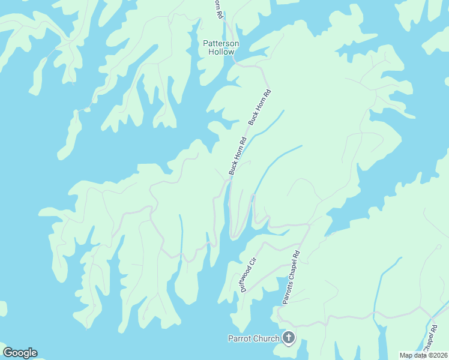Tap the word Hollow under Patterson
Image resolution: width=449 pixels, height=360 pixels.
click(x=221, y=52)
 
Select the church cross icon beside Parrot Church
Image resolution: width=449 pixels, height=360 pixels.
click(x=289, y=338)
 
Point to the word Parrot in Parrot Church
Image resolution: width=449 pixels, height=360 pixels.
click(x=240, y=338)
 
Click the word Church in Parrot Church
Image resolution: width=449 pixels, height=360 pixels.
click(x=267, y=338)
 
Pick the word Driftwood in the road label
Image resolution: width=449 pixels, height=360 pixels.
click(x=246, y=278)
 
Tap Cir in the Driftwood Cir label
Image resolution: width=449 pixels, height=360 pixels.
click(x=254, y=261)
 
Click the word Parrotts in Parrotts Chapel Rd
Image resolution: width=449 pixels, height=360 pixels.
click(x=287, y=292)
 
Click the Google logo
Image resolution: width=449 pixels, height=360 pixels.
click(x=20, y=353)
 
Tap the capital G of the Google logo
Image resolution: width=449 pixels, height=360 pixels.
click(x=7, y=353)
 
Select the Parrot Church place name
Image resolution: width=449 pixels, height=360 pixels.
click(x=253, y=338)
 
